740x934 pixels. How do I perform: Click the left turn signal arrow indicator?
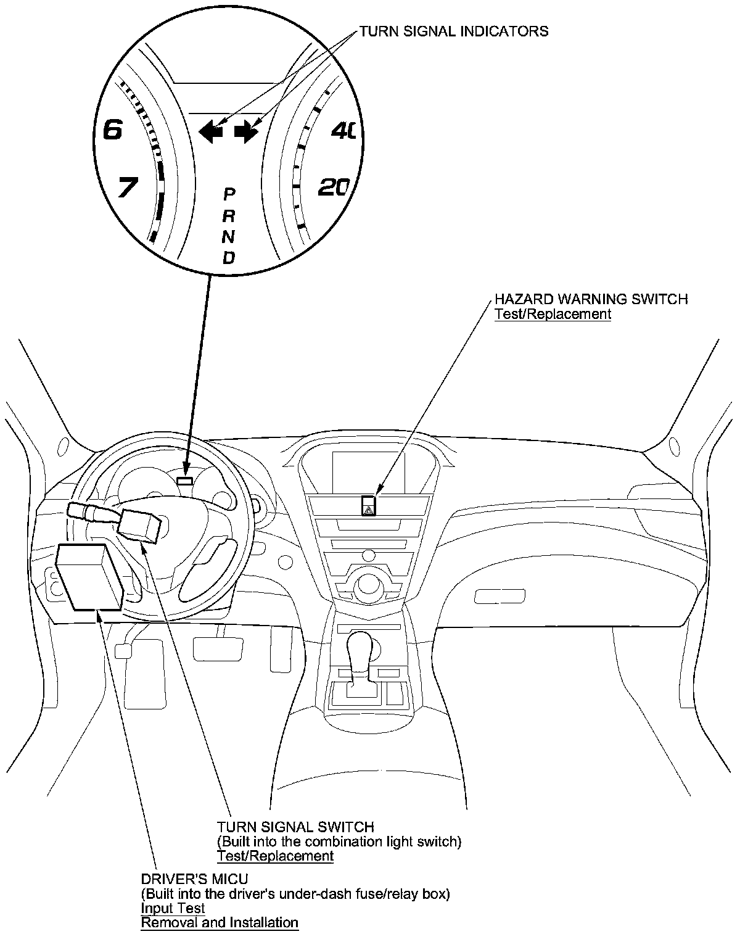coord(211,131)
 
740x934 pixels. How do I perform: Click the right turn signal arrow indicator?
coord(246,131)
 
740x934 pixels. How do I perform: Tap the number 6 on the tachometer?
coord(113,130)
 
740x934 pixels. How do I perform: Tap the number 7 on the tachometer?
coord(127,187)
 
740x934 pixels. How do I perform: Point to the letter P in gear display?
coord(229,194)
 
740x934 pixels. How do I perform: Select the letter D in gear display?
coord(229,257)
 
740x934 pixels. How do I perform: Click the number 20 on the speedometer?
coord(334,187)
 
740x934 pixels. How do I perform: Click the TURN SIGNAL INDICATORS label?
coord(453,31)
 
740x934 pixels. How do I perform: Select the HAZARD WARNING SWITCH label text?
coord(591,299)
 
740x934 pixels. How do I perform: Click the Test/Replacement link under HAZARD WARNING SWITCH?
coord(553,314)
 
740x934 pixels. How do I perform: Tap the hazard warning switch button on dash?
coord(369,506)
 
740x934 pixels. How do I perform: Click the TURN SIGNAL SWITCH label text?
coord(295,827)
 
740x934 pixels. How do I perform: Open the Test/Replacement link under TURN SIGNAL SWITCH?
coord(274,856)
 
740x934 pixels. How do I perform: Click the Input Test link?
coord(173,908)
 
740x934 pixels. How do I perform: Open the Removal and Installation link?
coord(220,923)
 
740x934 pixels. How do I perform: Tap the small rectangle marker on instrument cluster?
coord(185,480)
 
